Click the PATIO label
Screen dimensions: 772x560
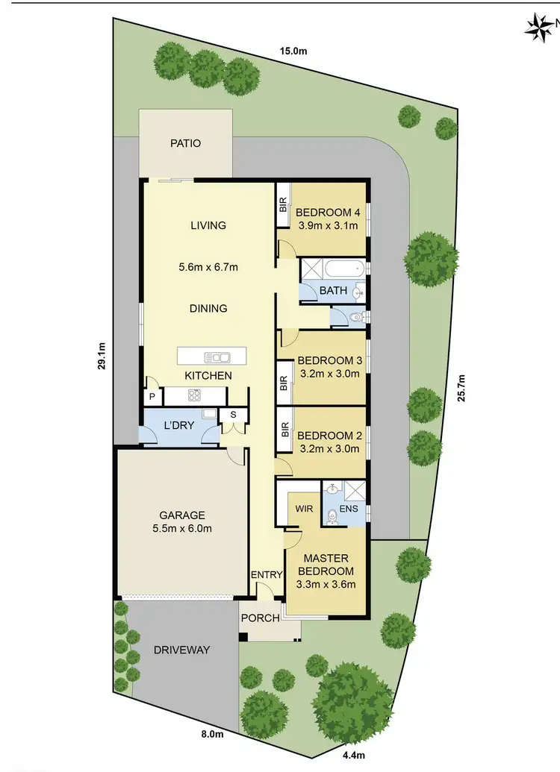coord(185,143)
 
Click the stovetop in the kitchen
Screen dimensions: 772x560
coord(195,395)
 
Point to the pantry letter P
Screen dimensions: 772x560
coord(152,397)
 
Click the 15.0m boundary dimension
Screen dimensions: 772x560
coord(293,51)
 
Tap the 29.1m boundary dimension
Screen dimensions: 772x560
coord(102,357)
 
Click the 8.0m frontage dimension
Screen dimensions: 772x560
coord(212,734)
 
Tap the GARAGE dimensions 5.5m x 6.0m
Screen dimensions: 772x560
coord(181,530)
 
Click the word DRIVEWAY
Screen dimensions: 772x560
coord(181,650)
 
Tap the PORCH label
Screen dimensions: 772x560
coord(260,618)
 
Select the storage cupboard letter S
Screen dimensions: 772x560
coord(233,415)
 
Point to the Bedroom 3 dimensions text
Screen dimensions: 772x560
coord(329,374)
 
